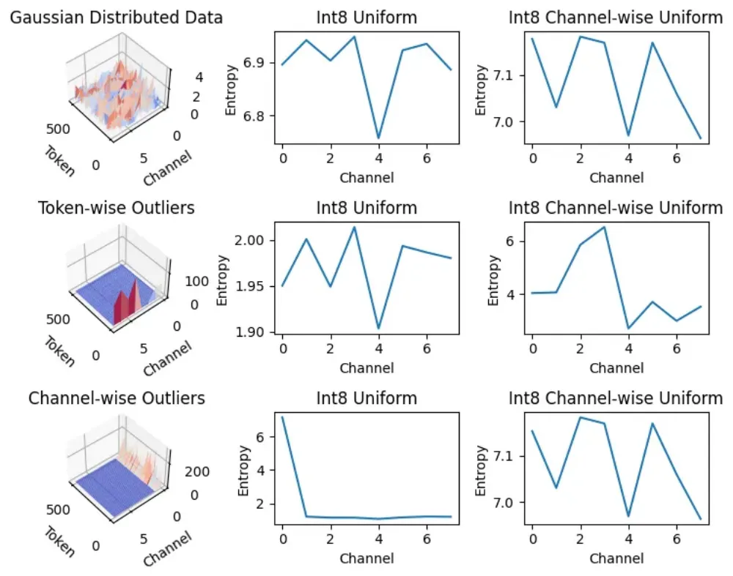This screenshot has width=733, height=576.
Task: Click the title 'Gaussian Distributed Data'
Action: pos(117,18)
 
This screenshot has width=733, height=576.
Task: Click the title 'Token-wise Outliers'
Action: pos(117,209)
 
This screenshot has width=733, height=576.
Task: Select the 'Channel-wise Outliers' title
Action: pos(117,399)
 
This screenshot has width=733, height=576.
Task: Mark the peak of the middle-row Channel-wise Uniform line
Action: pos(605,227)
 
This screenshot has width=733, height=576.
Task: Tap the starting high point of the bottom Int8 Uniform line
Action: pos(282,417)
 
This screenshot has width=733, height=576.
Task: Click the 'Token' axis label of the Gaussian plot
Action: pos(59,161)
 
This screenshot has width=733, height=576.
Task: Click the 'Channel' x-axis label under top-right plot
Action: pos(616,177)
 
